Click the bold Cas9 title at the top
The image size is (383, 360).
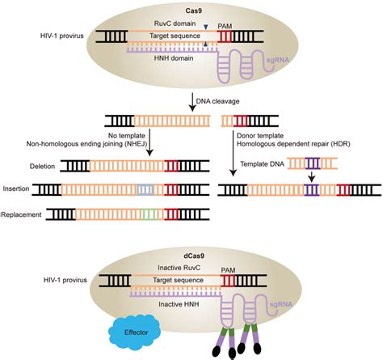[x=191, y=7]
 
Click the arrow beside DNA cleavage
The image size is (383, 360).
[x=192, y=100]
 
